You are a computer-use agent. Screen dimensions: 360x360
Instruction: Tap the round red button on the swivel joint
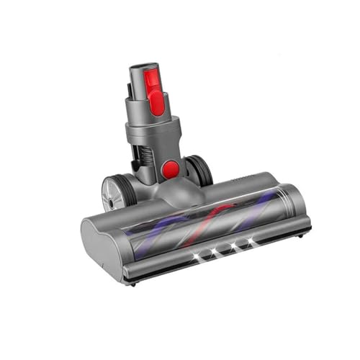[x=171, y=169]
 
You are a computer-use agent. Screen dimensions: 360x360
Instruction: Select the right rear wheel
[x=201, y=170]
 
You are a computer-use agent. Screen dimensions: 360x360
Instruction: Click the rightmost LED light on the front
[x=251, y=241]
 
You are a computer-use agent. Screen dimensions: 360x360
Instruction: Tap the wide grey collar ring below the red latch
[x=153, y=132]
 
